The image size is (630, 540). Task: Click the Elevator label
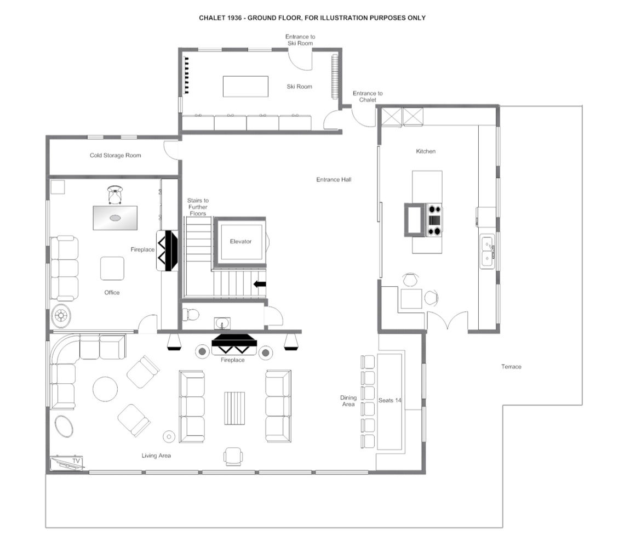pyautogui.click(x=240, y=241)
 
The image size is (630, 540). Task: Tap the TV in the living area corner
pyautogui.click(x=67, y=463)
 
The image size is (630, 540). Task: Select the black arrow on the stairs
pyautogui.click(x=260, y=285)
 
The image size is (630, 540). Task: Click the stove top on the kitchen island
pyautogui.click(x=434, y=220)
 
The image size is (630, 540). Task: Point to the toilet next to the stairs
pyautogui.click(x=191, y=314)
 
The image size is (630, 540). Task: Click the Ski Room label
pyautogui.click(x=299, y=87)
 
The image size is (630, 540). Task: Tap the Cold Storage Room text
pyautogui.click(x=115, y=155)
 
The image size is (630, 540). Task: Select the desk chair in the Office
pyautogui.click(x=115, y=195)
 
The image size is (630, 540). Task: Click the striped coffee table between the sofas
pyautogui.click(x=234, y=408)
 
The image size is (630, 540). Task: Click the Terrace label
pyautogui.click(x=511, y=367)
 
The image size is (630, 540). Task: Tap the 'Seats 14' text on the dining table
pyautogui.click(x=390, y=400)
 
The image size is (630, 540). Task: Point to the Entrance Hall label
pyautogui.click(x=334, y=180)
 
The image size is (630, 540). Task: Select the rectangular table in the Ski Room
pyautogui.click(x=245, y=87)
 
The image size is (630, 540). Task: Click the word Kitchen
pyautogui.click(x=426, y=151)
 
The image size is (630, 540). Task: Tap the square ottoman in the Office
pyautogui.click(x=112, y=268)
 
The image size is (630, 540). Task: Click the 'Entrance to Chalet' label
pyautogui.click(x=368, y=96)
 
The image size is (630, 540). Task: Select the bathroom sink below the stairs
pyautogui.click(x=222, y=323)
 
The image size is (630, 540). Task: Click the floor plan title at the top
pyautogui.click(x=312, y=18)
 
